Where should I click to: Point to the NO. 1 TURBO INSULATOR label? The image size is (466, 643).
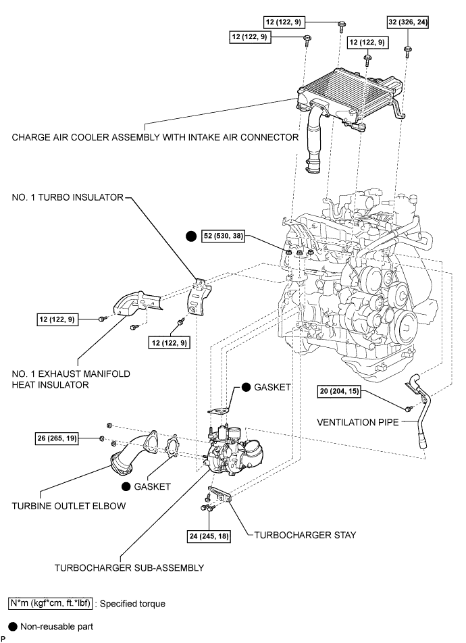(68, 198)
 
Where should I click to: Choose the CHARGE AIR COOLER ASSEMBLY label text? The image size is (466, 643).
(155, 137)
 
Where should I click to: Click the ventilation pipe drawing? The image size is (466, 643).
(419, 412)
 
